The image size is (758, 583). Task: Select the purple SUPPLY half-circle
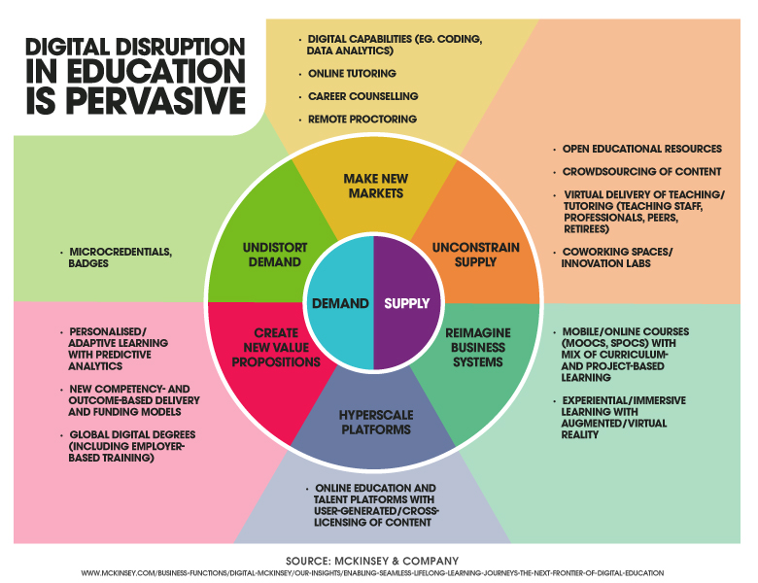(407, 303)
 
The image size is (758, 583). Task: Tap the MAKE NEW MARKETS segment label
(376, 187)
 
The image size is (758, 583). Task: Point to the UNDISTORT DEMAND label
(275, 255)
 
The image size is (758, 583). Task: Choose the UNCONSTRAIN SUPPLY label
(475, 255)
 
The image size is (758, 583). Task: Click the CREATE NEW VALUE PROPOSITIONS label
(276, 348)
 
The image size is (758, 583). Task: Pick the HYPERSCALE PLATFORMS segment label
(376, 423)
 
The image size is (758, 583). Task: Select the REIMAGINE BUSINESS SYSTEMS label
(477, 348)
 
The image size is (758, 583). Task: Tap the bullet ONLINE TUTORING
(352, 74)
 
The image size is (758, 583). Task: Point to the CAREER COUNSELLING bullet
(363, 96)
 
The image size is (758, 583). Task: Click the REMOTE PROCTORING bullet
(362, 119)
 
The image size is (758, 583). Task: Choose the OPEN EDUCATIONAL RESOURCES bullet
(642, 149)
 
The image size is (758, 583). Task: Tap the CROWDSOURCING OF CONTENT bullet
(641, 172)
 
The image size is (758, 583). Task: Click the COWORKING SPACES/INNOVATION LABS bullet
(617, 257)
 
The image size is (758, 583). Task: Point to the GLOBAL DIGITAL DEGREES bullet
(132, 446)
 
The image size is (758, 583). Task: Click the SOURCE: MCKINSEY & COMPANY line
(372, 561)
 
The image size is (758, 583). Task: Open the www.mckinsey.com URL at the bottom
(372, 573)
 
